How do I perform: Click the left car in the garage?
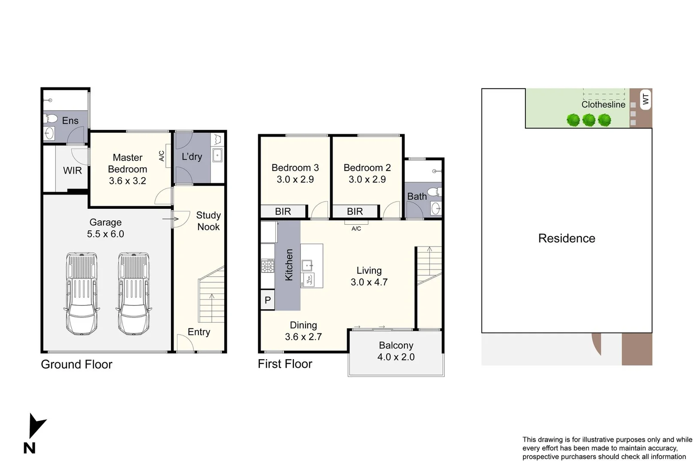(82, 293)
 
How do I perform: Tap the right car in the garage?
(134, 293)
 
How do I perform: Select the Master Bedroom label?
(128, 169)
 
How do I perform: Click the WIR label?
(72, 171)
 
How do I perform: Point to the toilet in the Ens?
(52, 118)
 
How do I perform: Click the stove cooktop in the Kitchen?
(268, 266)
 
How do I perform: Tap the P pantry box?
(268, 300)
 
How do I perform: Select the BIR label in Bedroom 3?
(283, 211)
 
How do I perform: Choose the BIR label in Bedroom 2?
(355, 211)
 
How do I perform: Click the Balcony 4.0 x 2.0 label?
(396, 351)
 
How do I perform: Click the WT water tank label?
(645, 99)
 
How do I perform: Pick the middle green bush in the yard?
(589, 120)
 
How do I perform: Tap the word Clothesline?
(603, 104)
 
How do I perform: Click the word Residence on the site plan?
(566, 238)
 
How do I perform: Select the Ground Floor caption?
(76, 364)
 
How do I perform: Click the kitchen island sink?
(307, 265)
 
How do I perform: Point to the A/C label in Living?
(356, 229)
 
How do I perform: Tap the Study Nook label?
(208, 221)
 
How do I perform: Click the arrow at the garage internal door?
(171, 219)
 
